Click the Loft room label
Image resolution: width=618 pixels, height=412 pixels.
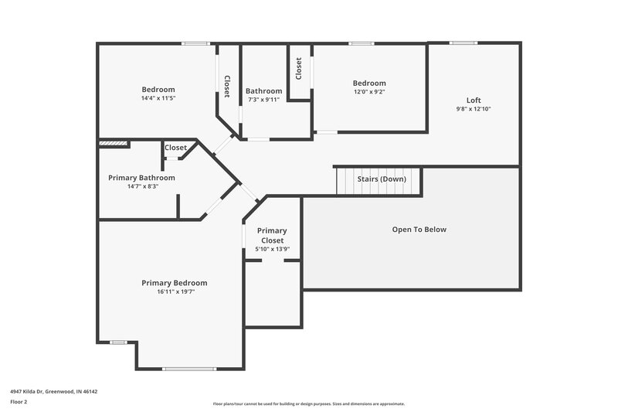[x=473, y=100]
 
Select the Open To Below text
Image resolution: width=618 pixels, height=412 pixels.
[x=419, y=230]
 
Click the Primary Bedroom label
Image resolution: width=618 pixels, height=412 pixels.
[x=174, y=283]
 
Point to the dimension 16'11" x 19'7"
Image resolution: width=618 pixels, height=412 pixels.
[x=174, y=292]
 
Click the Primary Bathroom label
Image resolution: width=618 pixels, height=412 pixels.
[x=141, y=178]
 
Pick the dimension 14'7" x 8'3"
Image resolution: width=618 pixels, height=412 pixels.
[x=141, y=186]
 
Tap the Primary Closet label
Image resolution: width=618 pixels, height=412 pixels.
[x=272, y=235]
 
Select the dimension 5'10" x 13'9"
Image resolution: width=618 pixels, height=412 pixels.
[x=272, y=249]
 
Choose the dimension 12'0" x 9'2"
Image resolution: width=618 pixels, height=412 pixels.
[x=368, y=92]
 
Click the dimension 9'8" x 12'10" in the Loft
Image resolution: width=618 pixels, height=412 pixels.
[x=473, y=109]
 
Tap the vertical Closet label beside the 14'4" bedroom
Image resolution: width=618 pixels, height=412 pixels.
[x=227, y=86]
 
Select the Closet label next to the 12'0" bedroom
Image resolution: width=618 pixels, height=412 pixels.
[x=299, y=68]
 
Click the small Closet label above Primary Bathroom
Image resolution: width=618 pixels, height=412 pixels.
[x=175, y=148]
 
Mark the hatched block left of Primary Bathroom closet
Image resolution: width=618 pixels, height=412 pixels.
[x=113, y=143]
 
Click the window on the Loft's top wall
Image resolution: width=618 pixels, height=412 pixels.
[x=463, y=43]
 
